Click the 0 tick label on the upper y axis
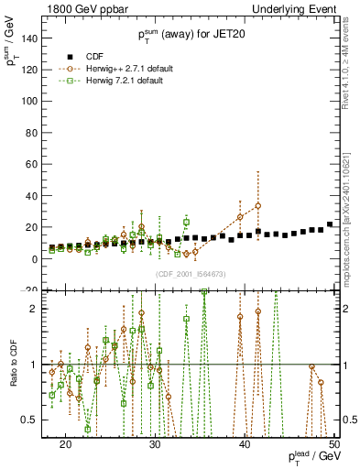(37, 259)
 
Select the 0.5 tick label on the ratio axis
(33, 420)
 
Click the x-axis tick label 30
(155, 442)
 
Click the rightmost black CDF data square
(330, 224)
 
